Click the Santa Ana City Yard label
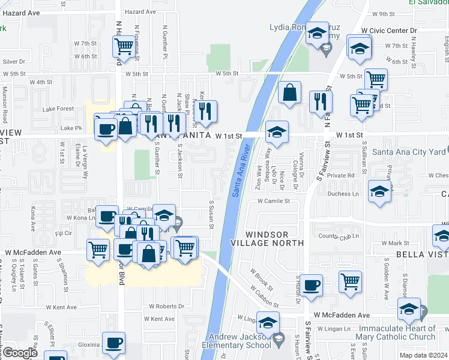pos(408,152)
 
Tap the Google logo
pos(20,352)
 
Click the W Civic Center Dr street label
pos(388,30)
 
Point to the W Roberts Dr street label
pos(166,306)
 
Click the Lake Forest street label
pos(58,109)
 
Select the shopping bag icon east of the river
pos(290,92)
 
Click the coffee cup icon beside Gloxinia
pos(113,343)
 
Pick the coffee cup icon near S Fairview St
pos(311,285)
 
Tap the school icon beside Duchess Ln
pos(379,191)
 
